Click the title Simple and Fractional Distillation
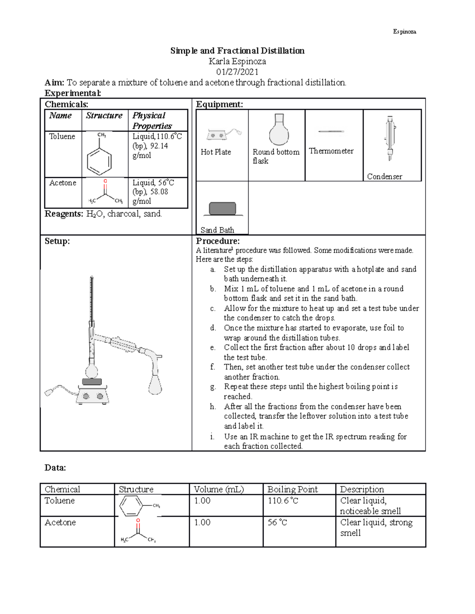click(x=237, y=51)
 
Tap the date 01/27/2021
click(x=237, y=72)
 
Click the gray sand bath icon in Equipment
click(x=222, y=209)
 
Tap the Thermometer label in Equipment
click(x=331, y=151)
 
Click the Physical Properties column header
click(x=152, y=121)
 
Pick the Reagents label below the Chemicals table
click(x=64, y=214)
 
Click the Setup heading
click(x=57, y=241)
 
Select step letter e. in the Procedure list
click(x=213, y=348)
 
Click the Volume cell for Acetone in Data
click(x=202, y=522)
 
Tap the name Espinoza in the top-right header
click(x=404, y=32)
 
